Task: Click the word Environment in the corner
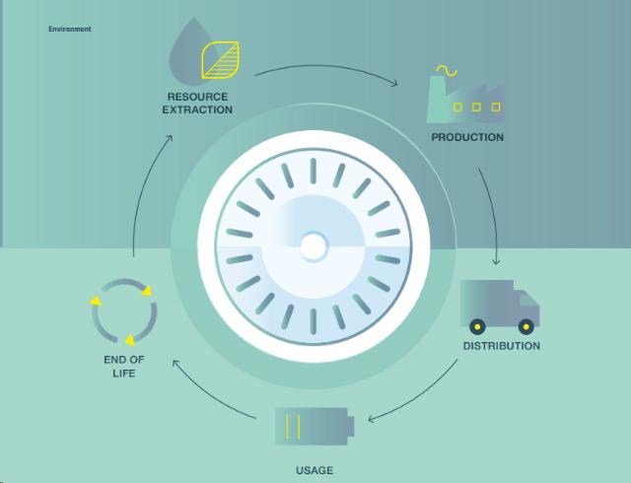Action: pyautogui.click(x=69, y=30)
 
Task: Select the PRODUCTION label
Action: pyautogui.click(x=467, y=137)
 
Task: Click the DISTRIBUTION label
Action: pyautogui.click(x=501, y=346)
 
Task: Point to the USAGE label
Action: pyautogui.click(x=315, y=470)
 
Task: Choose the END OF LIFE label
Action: pyautogui.click(x=124, y=367)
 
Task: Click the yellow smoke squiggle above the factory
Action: pyautogui.click(x=447, y=70)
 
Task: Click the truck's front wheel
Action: pyautogui.click(x=526, y=325)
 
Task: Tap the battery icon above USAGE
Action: pyautogui.click(x=312, y=427)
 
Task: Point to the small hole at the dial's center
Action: pyautogui.click(x=314, y=246)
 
